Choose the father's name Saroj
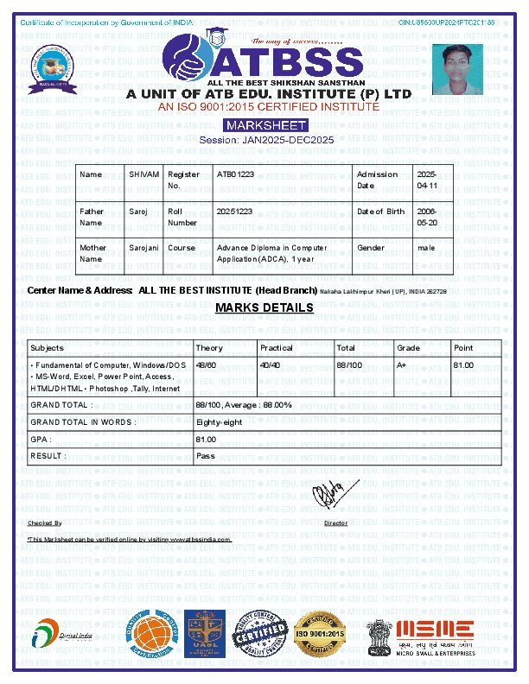[138, 211]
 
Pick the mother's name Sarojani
[143, 247]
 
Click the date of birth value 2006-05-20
[427, 216]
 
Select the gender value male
[425, 247]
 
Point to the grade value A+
[402, 365]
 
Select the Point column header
[463, 348]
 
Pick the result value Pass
[206, 455]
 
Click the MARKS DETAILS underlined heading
[264, 308]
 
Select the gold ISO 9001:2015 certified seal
[320, 636]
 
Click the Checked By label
[45, 523]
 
